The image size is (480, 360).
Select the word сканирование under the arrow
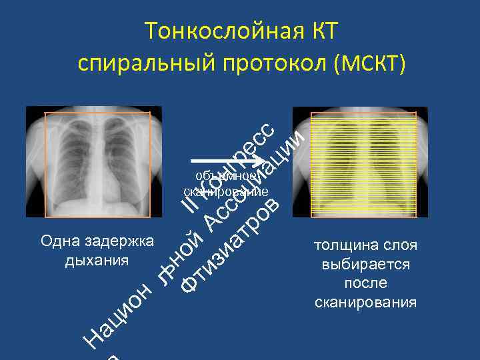tap(227, 192)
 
